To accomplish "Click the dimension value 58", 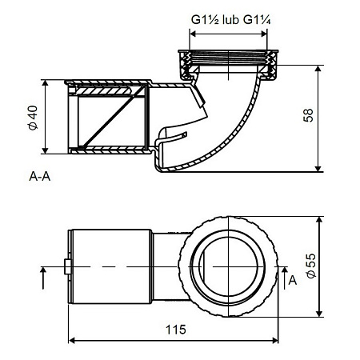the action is pos(309,115).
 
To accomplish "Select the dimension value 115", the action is pos(176,330).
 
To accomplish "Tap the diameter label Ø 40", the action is pos(34,118).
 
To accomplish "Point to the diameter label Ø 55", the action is pos(311,266).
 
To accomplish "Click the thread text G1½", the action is pos(205,20).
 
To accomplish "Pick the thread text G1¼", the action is pos(257,20).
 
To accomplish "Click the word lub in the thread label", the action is pos(230,20).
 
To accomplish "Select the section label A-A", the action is pos(40,176).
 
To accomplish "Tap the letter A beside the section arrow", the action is pos(293,281).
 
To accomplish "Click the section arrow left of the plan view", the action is pos(43,278).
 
